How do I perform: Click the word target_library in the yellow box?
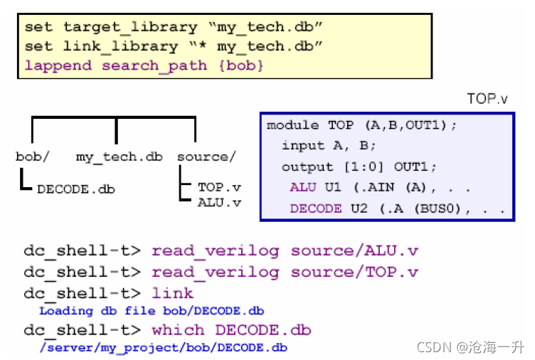coord(130,28)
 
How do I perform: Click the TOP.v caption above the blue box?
coord(487,98)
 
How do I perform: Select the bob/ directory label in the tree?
coord(31,157)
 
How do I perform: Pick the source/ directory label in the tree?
coord(206,157)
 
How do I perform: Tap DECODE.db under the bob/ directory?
coord(75,189)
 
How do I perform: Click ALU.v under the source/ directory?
coord(219,203)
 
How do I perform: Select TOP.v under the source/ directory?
coord(219,187)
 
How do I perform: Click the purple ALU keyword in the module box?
coord(304,188)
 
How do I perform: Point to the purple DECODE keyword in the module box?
coord(314,209)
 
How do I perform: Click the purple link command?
coord(172,293)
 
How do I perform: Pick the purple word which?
coord(178,330)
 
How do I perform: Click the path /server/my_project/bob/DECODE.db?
coord(163,347)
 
